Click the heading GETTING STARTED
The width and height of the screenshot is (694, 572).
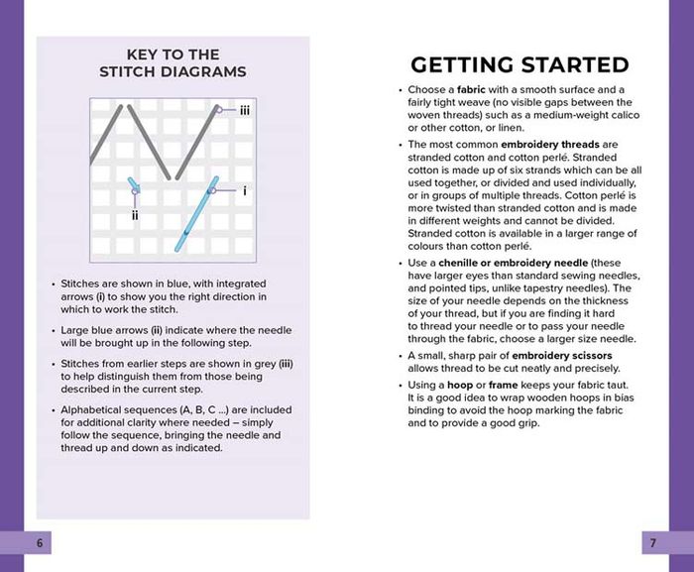click(x=520, y=65)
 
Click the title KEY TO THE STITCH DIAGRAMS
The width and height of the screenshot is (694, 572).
click(x=173, y=62)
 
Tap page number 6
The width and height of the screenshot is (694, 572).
click(x=40, y=543)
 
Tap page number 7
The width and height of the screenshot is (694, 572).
click(x=653, y=543)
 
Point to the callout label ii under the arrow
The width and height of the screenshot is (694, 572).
click(x=135, y=214)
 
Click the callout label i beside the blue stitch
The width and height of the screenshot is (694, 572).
click(x=244, y=189)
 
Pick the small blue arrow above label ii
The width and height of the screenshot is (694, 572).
click(x=134, y=188)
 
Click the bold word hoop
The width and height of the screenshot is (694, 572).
click(x=464, y=384)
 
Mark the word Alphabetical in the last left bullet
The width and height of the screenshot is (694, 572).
click(x=96, y=409)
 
